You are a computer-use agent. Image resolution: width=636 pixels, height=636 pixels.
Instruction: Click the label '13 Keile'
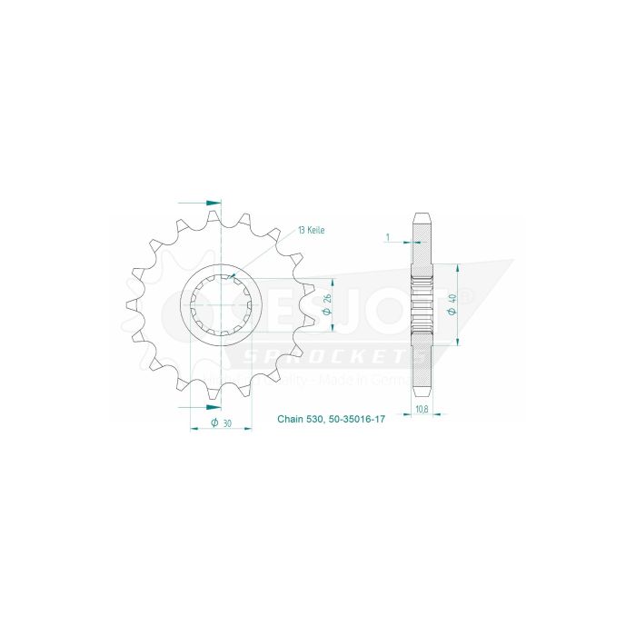point(309,231)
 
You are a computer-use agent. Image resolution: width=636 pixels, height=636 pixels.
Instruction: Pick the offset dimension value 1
point(387,238)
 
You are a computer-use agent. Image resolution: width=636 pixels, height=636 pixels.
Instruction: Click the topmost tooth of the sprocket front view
point(214,218)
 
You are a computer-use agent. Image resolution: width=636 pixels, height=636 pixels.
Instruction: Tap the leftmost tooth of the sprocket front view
point(131,306)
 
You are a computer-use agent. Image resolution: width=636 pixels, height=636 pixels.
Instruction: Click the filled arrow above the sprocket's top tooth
point(214,202)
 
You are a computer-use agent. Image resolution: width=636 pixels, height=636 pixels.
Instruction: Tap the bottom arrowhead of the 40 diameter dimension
point(455,343)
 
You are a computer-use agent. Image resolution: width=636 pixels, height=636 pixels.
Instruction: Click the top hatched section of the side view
point(422,247)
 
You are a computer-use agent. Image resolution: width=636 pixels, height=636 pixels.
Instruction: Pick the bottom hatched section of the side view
point(422,363)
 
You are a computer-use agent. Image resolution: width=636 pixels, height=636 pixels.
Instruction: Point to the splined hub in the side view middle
point(422,305)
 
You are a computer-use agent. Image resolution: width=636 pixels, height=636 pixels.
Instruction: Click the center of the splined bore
point(222,305)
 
